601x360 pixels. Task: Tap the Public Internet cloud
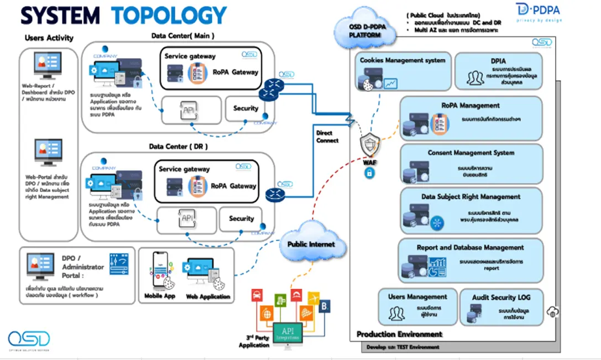tap(310, 243)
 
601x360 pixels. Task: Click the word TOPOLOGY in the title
tap(169, 15)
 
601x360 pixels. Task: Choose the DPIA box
tap(499, 71)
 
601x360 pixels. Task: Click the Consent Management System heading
tap(471, 153)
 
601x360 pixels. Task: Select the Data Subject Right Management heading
tap(471, 196)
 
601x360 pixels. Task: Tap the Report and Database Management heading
tap(470, 248)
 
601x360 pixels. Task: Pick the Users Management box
tap(417, 306)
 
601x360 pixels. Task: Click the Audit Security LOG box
tap(501, 306)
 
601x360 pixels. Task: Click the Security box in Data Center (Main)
tap(245, 109)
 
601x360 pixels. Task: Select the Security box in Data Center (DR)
tap(241, 219)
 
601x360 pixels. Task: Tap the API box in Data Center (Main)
tap(191, 110)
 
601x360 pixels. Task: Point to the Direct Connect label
tap(327, 137)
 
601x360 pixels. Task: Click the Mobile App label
tap(160, 296)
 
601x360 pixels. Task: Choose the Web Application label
tap(208, 296)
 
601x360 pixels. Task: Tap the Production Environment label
tap(399, 334)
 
